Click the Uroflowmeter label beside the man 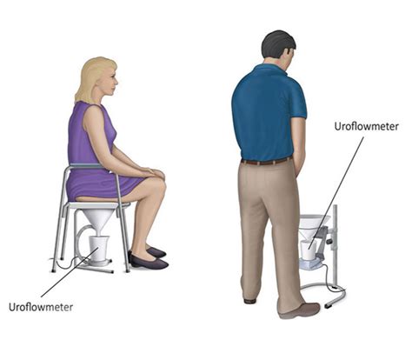(x=366, y=126)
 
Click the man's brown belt (x=266, y=161)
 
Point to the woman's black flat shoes (x=148, y=258)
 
